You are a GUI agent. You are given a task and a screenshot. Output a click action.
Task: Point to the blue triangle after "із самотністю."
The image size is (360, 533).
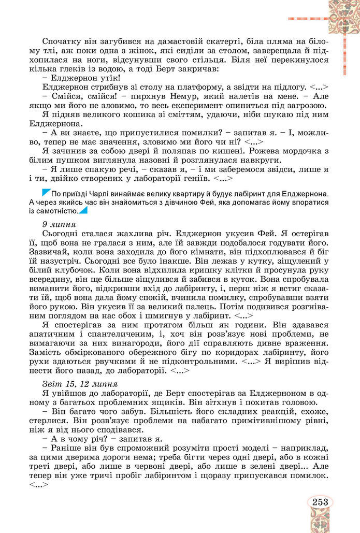[x=83, y=211]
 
